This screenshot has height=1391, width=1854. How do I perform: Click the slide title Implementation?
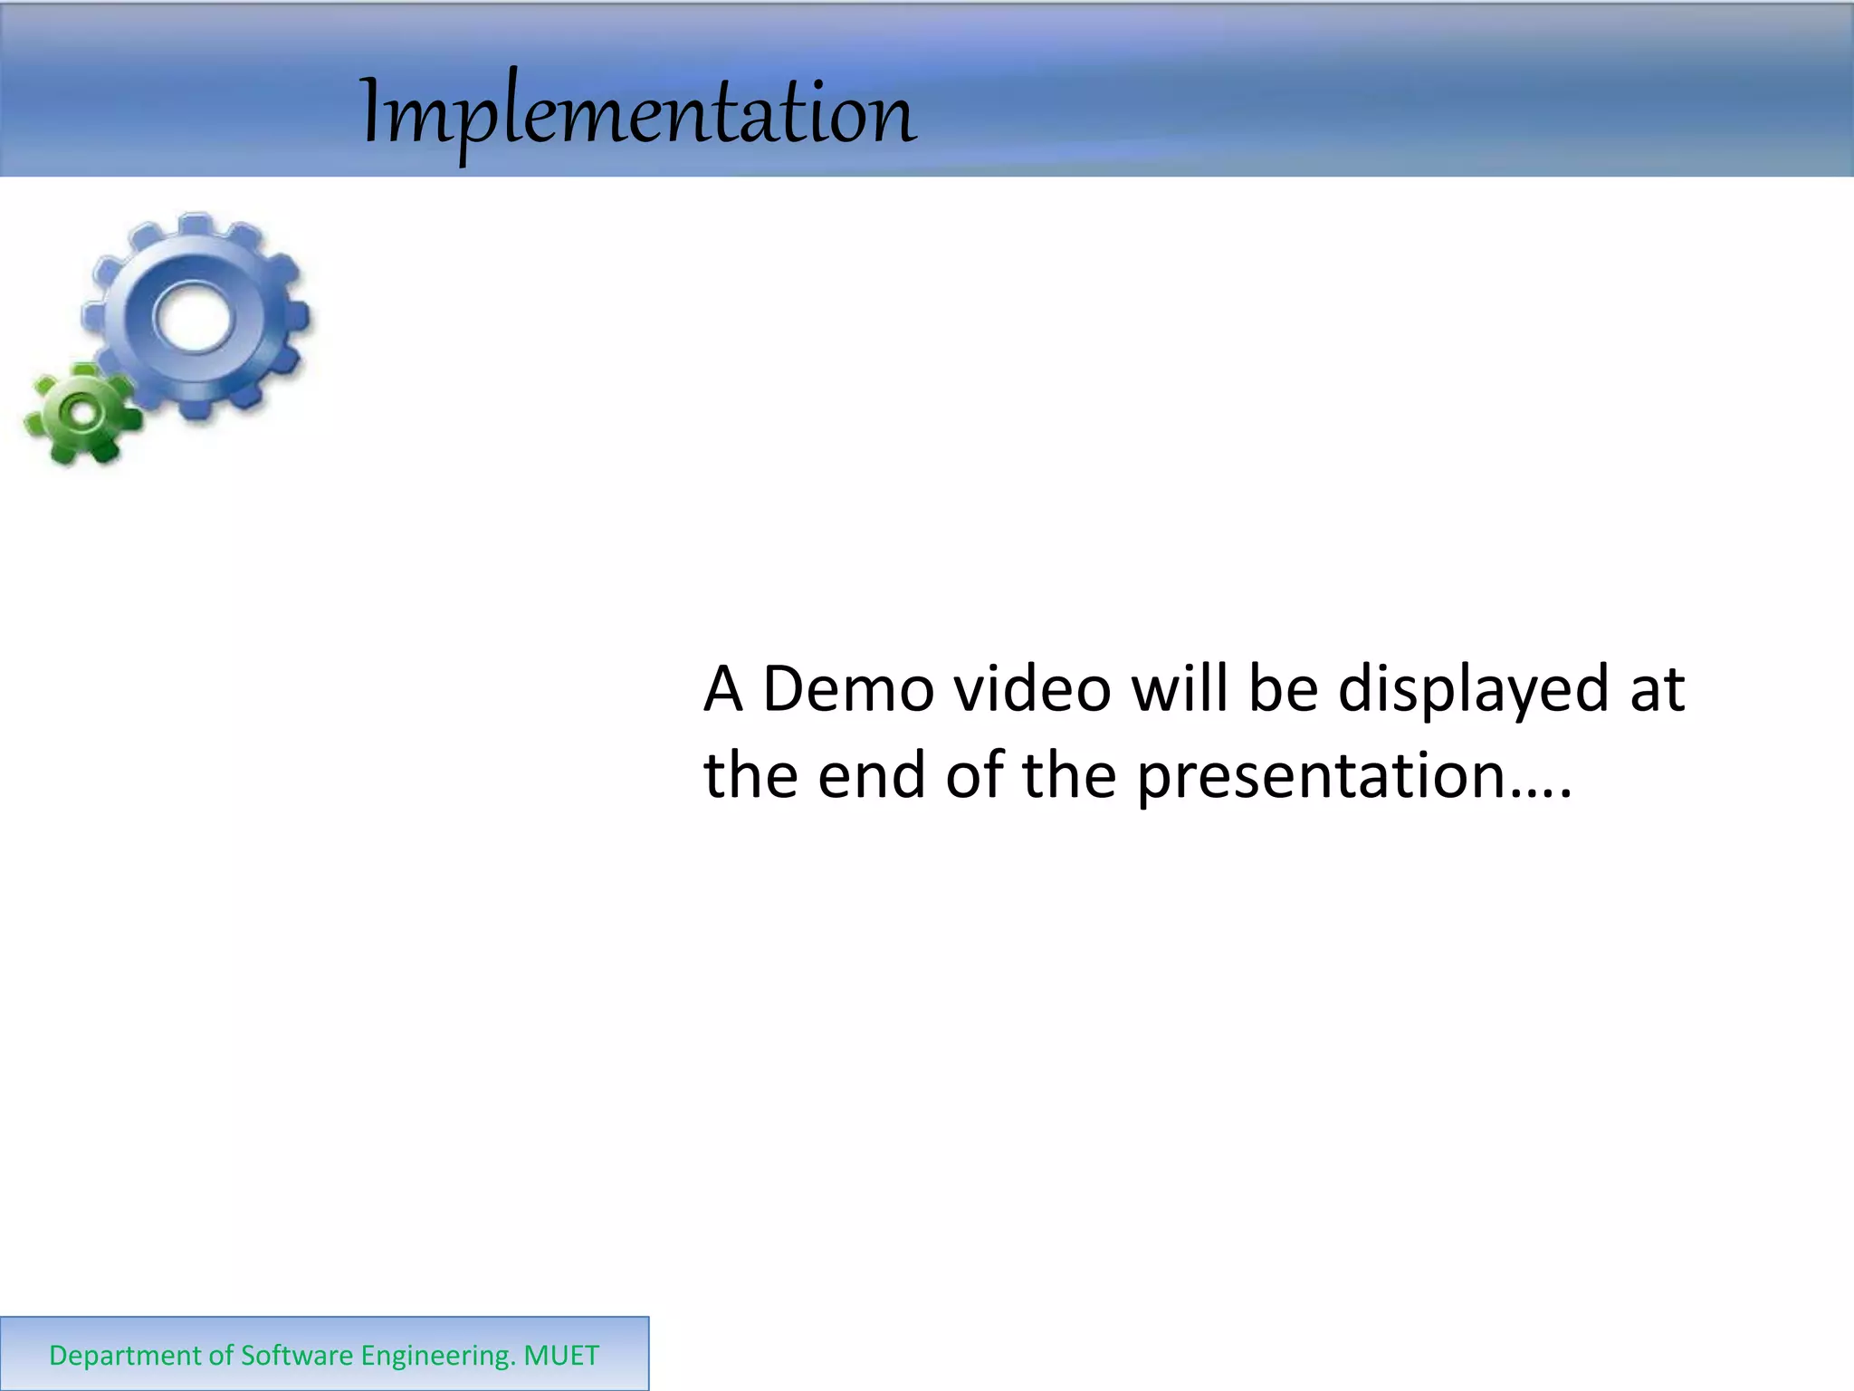coord(639,114)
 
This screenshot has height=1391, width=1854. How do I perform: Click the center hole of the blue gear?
coord(192,318)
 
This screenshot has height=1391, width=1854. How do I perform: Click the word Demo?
coord(848,689)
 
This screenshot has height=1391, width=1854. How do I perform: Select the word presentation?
coord(1320,777)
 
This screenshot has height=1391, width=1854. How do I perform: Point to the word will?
coord(1180,689)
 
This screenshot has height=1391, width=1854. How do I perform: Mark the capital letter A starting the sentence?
coord(723,689)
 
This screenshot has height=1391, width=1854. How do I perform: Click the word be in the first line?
coord(1283,689)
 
